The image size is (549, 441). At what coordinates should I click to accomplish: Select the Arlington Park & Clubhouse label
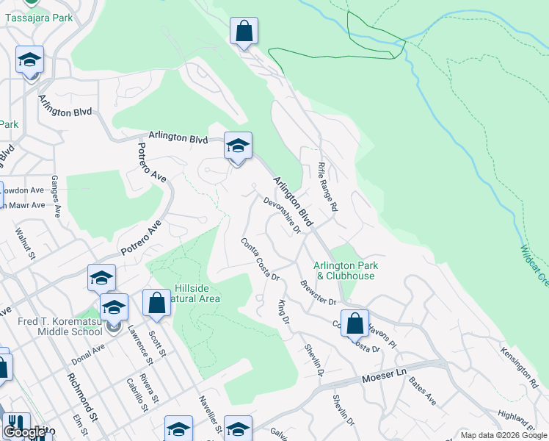coord(344,270)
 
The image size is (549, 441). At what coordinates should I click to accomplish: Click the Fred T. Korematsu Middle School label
coord(61,326)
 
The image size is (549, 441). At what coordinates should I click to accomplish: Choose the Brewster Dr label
coord(318,292)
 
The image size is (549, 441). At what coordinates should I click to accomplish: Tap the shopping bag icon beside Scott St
coord(157,303)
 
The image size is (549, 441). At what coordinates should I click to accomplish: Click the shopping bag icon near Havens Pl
coord(355,323)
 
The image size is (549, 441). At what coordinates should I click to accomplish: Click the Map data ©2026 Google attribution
coord(503,435)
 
